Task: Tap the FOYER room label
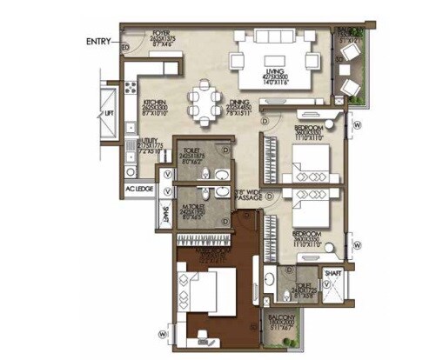click(x=163, y=33)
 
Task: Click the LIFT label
click(x=109, y=113)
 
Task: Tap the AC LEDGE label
click(x=138, y=189)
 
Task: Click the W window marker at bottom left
click(x=161, y=332)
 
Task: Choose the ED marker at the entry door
click(x=126, y=46)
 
